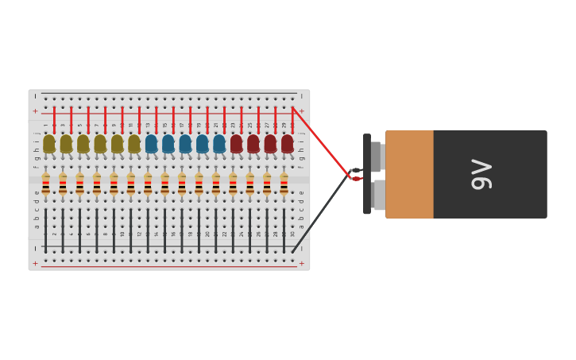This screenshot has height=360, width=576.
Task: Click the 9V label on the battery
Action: [481, 174]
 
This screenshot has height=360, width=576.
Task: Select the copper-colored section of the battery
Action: [410, 174]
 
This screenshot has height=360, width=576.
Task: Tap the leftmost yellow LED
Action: [49, 144]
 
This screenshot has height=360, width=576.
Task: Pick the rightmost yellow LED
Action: [134, 144]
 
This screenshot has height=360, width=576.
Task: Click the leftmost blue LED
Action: [151, 144]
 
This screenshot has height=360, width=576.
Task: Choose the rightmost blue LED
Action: [219, 144]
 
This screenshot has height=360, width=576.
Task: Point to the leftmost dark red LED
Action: [236, 144]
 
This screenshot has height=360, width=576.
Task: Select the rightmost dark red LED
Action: [287, 144]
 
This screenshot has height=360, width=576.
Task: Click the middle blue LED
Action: [185, 144]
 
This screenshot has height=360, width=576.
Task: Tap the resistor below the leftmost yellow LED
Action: [46, 185]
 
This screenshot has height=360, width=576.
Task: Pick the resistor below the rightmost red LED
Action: [284, 185]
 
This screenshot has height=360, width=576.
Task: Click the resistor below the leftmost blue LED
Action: [148, 185]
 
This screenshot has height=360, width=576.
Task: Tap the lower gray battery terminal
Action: [379, 195]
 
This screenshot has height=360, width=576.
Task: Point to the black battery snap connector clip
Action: [367, 174]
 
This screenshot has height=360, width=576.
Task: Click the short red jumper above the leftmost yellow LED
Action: [54, 120]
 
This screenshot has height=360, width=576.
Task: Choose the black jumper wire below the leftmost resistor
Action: [46, 230]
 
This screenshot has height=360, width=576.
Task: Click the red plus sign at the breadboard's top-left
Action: [35, 111]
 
